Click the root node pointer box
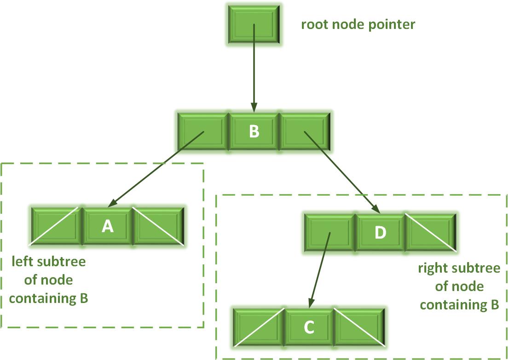pyautogui.click(x=254, y=25)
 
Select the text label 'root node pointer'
pyautogui.click(x=358, y=24)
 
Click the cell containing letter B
pyautogui.click(x=254, y=131)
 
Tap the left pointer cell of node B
pyautogui.click(x=203, y=131)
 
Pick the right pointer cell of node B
pyautogui.click(x=306, y=131)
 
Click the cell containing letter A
pyautogui.click(x=108, y=226)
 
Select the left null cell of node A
pyautogui.click(x=56, y=226)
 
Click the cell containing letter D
pyautogui.click(x=380, y=233)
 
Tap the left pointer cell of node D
pyautogui.click(x=329, y=233)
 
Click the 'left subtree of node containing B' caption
pyautogui.click(x=49, y=280)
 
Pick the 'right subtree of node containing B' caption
pyautogui.click(x=459, y=286)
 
